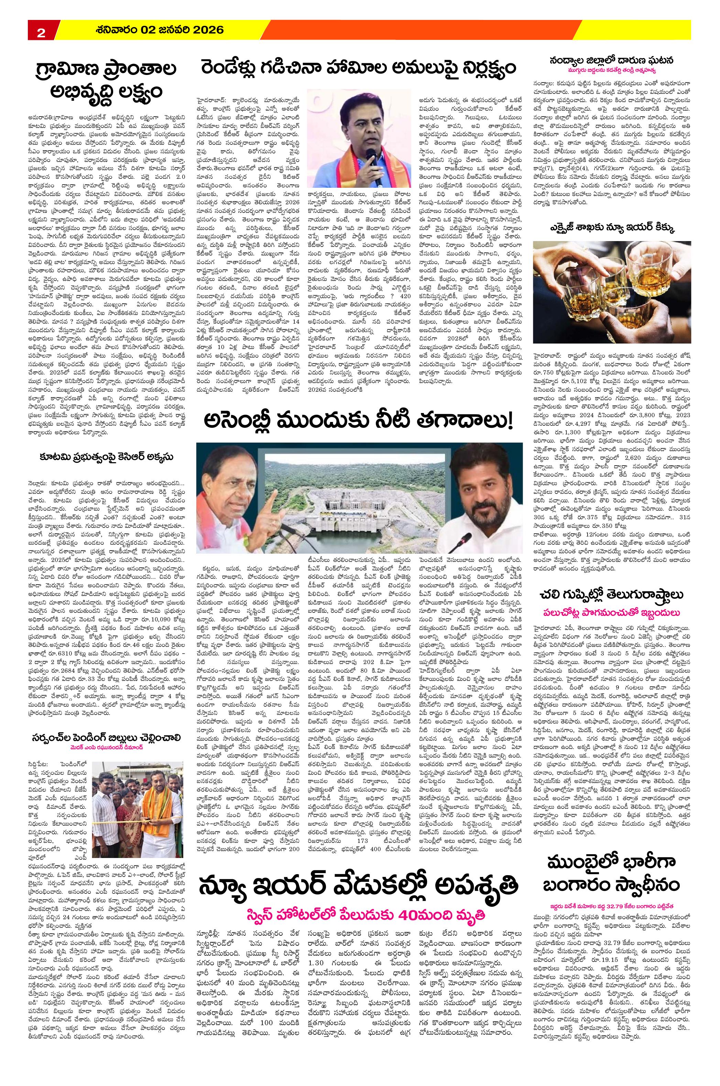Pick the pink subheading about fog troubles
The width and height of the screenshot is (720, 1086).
click(613, 613)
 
